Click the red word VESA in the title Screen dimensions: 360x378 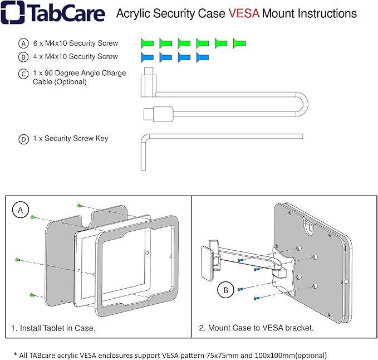[x=243, y=13]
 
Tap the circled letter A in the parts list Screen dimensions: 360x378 [x=23, y=43]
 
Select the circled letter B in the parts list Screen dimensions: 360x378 [x=23, y=57]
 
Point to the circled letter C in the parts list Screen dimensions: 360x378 [x=23, y=74]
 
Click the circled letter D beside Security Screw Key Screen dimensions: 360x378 [x=23, y=139]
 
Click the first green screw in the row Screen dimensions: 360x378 [x=147, y=43]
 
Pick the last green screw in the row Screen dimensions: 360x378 [x=239, y=43]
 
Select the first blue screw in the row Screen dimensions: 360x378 [x=147, y=57]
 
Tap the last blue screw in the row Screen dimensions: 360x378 [x=203, y=57]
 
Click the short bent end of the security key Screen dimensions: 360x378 [x=143, y=153]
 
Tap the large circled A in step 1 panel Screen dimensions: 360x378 [x=21, y=210]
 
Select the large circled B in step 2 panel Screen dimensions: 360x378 [x=224, y=290]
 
